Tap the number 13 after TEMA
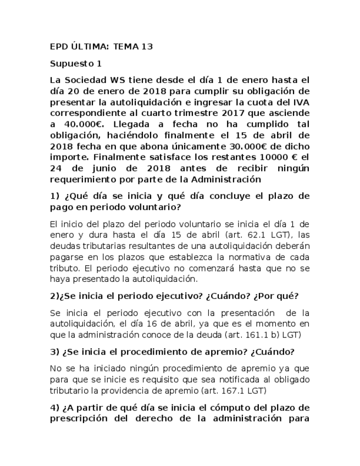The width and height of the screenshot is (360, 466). [146, 47]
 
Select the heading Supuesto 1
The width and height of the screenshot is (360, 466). [76, 63]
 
